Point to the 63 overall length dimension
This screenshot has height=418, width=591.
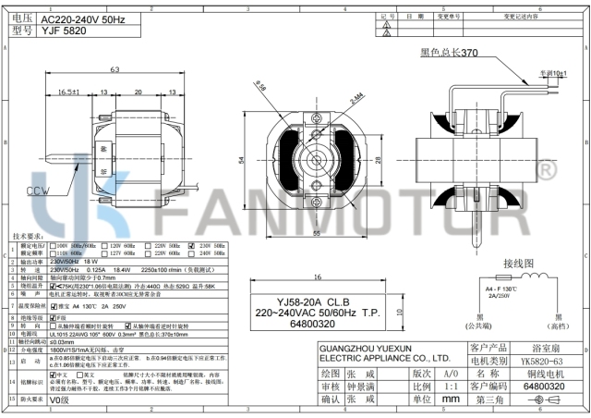[115, 70]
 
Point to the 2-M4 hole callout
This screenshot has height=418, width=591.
[357, 85]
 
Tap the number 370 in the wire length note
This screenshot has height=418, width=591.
[469, 52]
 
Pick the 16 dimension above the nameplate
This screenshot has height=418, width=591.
[317, 278]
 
